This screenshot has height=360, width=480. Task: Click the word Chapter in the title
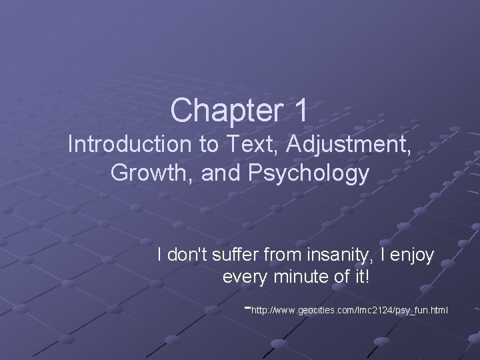pyautogui.click(x=223, y=111)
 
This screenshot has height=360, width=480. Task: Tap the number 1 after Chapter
pyautogui.click(x=299, y=111)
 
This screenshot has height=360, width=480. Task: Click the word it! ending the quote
pyautogui.click(x=359, y=277)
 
